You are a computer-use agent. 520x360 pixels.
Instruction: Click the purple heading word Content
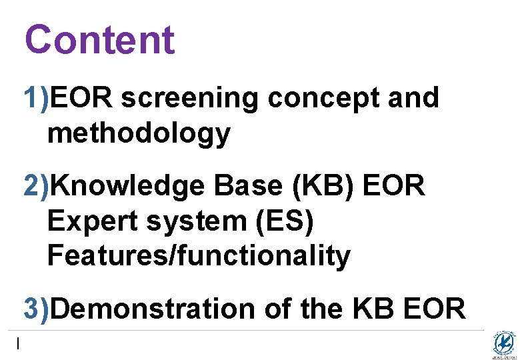pos(99,39)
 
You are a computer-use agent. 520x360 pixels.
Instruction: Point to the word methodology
pos(139,134)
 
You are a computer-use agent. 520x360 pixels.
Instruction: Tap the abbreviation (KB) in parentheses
pos(323,187)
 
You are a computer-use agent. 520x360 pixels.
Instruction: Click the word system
pos(196,221)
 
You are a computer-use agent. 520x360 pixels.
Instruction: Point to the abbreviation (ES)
pos(284,221)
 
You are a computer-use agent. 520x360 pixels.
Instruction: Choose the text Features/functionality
pos(199,255)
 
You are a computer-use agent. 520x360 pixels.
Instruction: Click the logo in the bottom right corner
pos(503,344)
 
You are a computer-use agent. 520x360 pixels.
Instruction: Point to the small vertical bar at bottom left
pos(19,344)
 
